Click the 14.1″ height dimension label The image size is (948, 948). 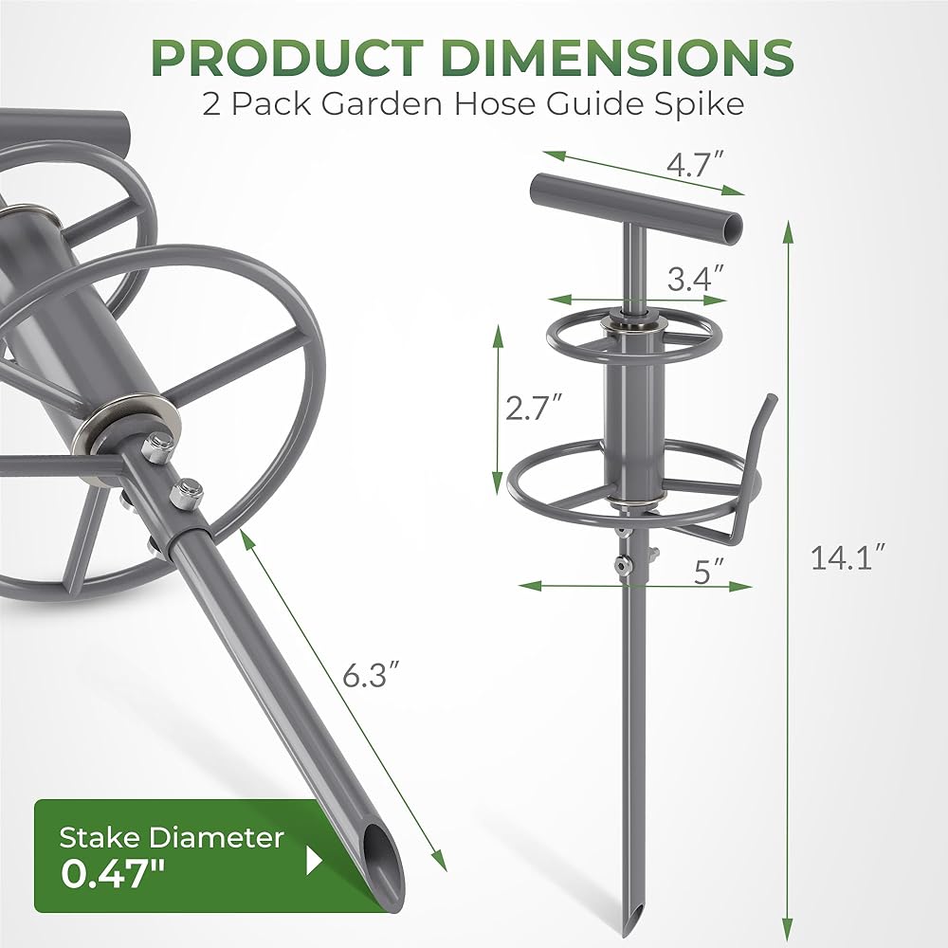(848, 557)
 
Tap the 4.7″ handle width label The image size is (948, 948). (695, 163)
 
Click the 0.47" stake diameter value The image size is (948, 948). (113, 874)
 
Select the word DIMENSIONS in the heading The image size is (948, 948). (617, 58)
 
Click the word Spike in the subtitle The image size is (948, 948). (703, 104)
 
